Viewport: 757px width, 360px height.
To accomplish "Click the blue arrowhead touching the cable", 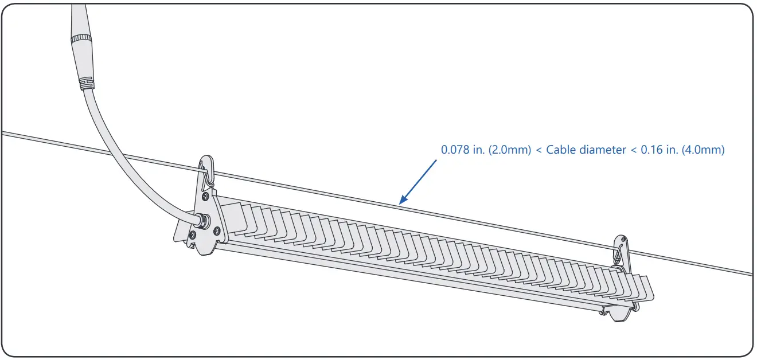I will [401, 201].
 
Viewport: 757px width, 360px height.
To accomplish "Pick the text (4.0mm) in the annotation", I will [703, 150].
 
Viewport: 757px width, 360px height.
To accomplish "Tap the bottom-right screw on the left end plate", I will [217, 230].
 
